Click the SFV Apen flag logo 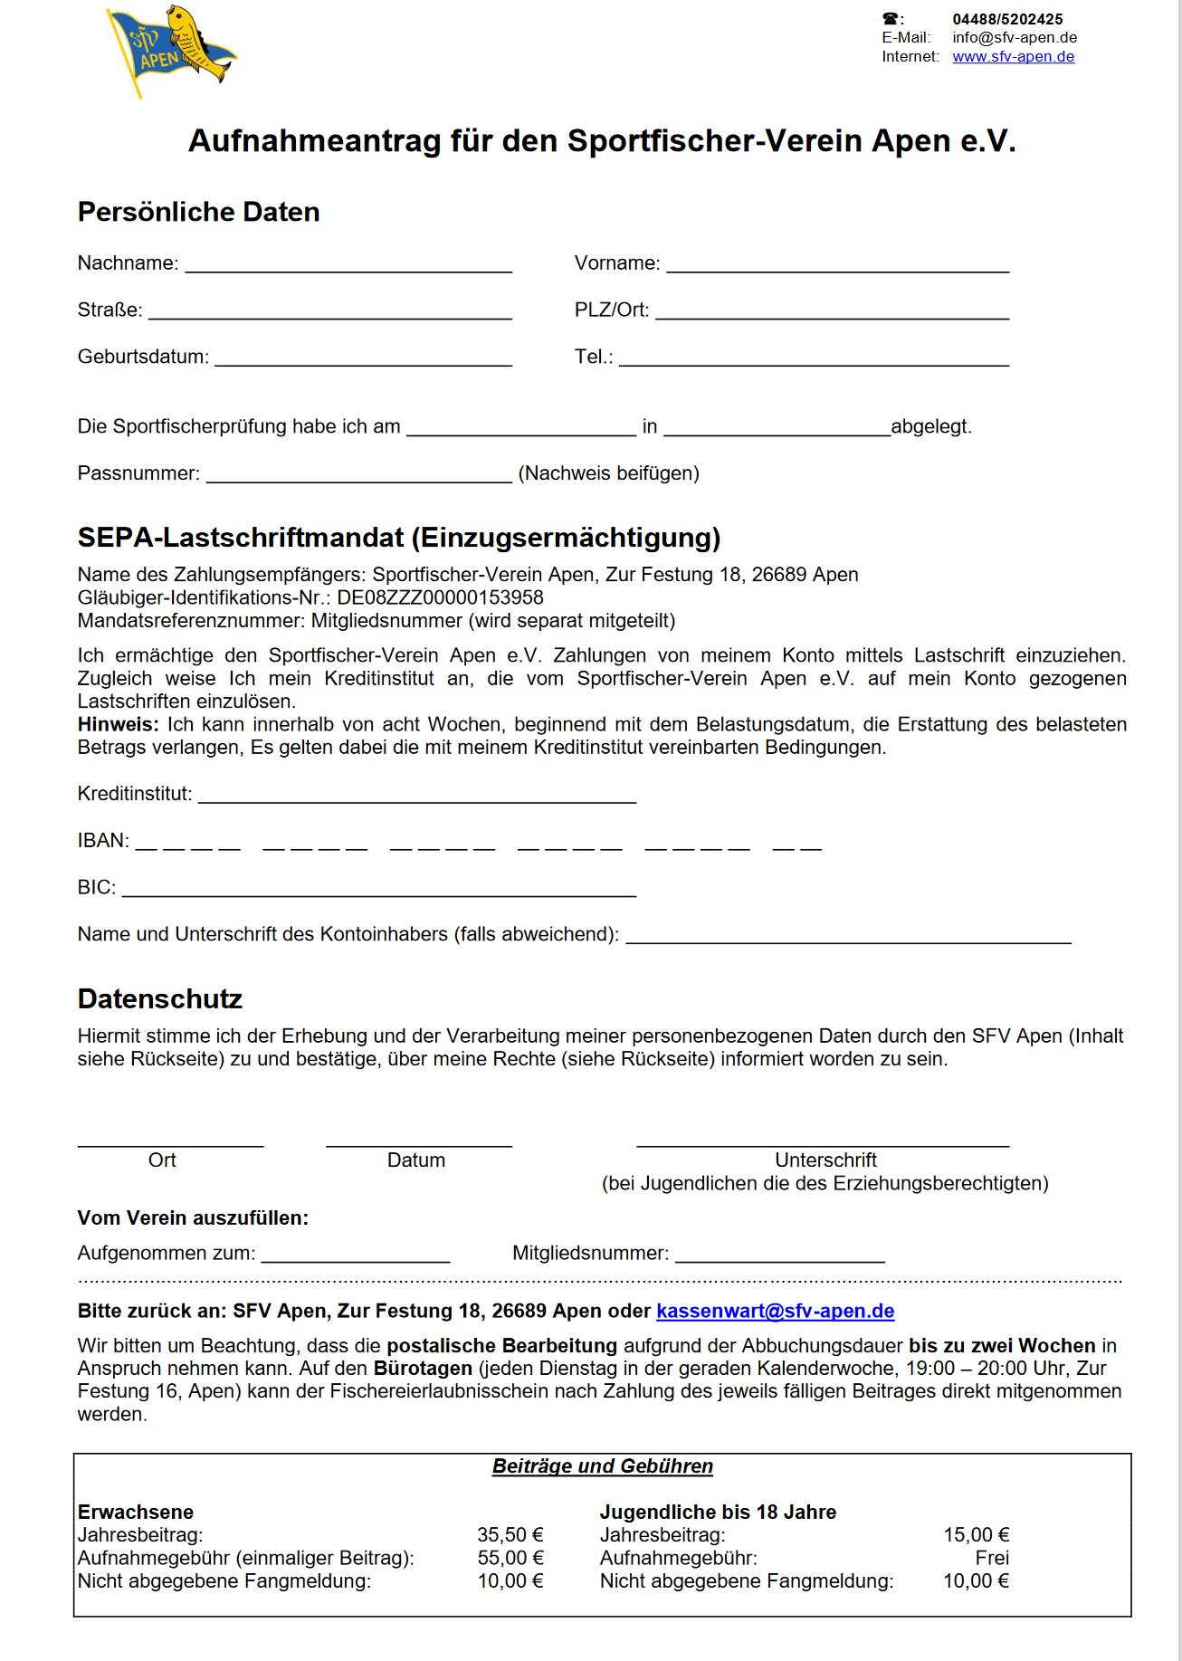coord(171,50)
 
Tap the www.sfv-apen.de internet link coord(1013,57)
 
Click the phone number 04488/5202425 coord(1007,19)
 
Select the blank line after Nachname coord(348,267)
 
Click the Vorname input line coord(837,267)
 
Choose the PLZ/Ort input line coord(832,314)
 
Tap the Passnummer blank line coord(358,477)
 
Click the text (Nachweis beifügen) coord(608,473)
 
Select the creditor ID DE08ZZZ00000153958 coord(440,597)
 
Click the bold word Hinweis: coord(118,724)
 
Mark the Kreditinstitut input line coord(417,797)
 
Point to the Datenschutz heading coord(160,998)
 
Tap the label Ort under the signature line coord(162,1160)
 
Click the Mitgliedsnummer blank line coord(779,1257)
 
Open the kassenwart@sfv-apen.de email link coord(775,1311)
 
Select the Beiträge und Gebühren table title coord(603,1466)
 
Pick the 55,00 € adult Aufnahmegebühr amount coord(510,1558)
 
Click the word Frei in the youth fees coord(992,1558)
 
